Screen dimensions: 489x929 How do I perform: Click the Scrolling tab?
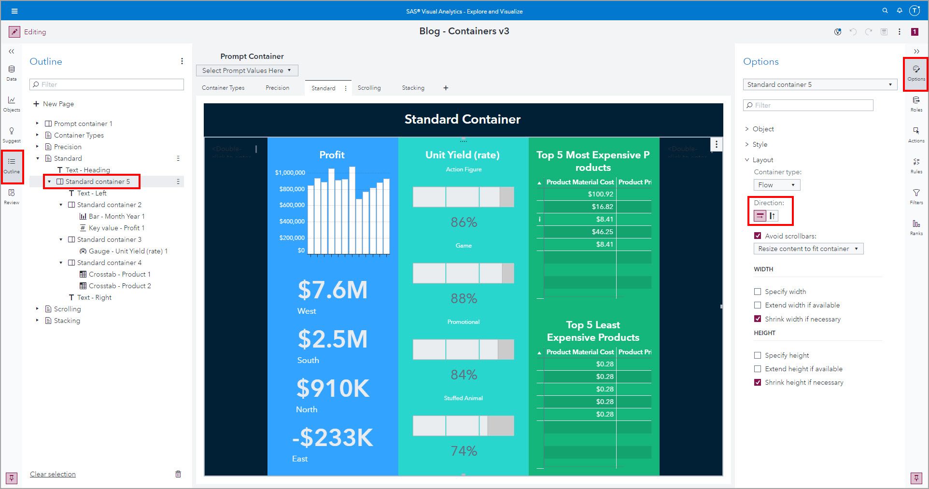click(369, 88)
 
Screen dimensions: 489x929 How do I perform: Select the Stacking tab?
click(413, 88)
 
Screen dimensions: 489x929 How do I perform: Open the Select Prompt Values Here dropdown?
click(247, 70)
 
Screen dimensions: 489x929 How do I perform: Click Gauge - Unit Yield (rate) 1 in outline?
click(128, 251)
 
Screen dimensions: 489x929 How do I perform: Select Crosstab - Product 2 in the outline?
click(119, 286)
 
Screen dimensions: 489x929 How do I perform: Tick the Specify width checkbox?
click(758, 292)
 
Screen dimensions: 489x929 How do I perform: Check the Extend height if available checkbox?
click(758, 369)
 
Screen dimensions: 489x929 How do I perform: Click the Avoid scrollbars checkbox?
click(758, 236)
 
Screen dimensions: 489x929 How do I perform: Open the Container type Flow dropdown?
click(776, 185)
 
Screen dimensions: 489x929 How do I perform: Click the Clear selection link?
click(53, 474)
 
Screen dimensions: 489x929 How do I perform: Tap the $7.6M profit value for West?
click(332, 290)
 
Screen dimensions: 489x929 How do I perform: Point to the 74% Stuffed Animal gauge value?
click(464, 451)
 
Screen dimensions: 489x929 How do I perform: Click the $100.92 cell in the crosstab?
click(600, 194)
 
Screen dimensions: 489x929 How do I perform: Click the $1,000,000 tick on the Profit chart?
click(290, 172)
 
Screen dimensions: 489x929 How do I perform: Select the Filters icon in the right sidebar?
click(916, 196)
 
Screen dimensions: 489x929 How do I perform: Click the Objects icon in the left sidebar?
click(12, 103)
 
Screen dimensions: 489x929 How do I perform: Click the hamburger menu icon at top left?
click(14, 11)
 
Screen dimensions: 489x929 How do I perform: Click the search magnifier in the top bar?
click(885, 11)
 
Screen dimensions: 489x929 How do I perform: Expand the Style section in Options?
click(760, 144)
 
